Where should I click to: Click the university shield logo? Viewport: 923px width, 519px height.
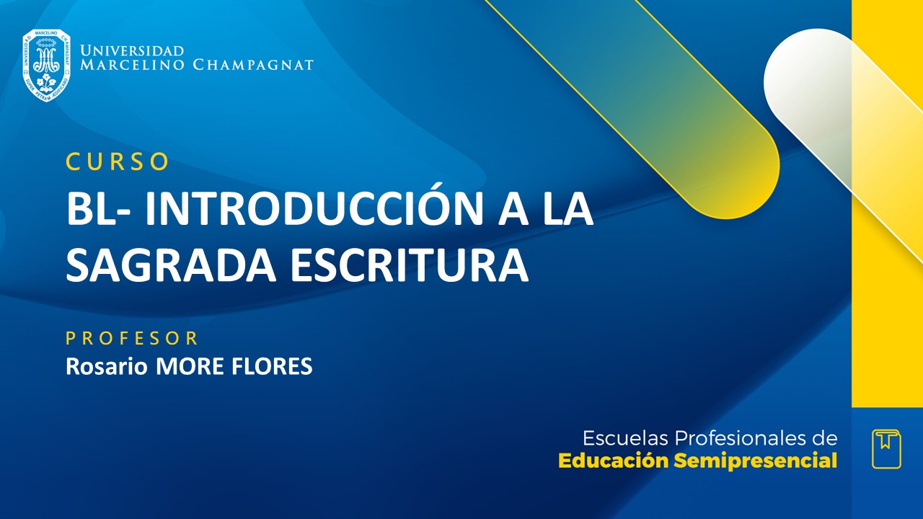(46, 65)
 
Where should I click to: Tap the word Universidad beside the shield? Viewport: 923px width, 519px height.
(132, 51)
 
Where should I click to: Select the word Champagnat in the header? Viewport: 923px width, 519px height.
(253, 65)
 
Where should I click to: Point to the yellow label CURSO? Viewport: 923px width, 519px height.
(118, 162)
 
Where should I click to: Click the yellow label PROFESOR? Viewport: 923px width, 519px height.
(132, 338)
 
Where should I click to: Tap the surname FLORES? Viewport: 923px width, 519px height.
(273, 366)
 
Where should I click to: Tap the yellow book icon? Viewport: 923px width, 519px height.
(886, 448)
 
